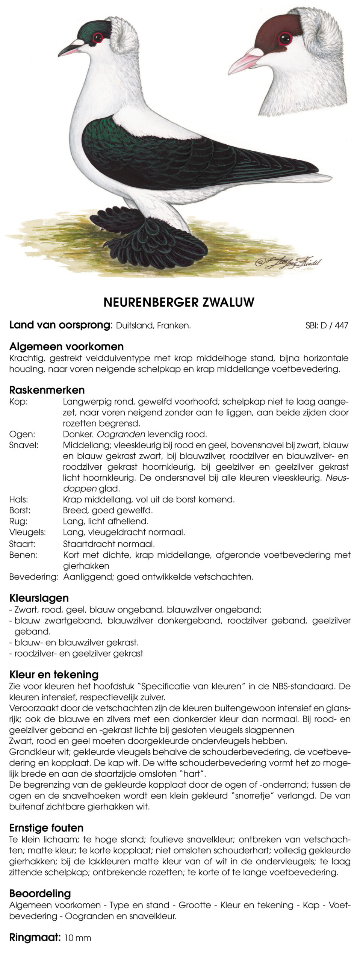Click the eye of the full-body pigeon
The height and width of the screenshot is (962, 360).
point(98,37)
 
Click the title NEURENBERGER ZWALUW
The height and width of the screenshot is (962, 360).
point(179,303)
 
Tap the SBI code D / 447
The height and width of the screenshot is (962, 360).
point(327,325)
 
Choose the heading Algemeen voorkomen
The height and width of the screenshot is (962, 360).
point(67,346)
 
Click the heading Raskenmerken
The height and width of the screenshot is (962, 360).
point(47,390)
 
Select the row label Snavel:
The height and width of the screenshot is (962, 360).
point(24,445)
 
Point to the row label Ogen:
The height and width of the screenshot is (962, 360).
point(22,434)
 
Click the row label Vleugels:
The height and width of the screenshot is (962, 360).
point(27,532)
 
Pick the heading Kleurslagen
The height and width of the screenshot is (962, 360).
point(39,598)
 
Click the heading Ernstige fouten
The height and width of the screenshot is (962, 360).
point(46,828)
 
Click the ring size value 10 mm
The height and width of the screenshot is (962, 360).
point(78,938)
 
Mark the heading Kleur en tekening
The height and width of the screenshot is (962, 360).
point(54,675)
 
